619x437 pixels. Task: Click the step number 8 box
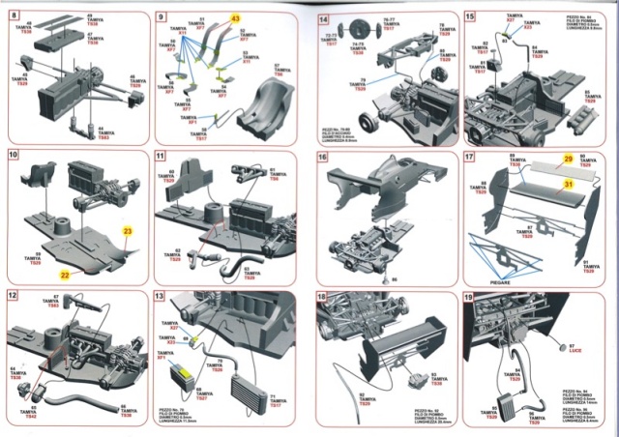(15, 17)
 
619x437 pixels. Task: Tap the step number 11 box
(161, 156)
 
